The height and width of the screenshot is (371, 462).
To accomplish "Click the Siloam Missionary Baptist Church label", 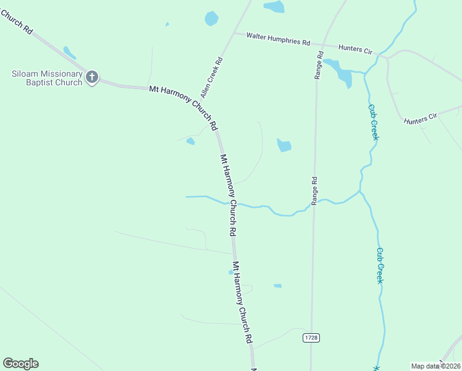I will (x=46, y=78).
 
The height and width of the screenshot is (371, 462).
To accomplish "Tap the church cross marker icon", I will (x=92, y=77).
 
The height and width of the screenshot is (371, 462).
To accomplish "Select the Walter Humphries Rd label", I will (x=278, y=40).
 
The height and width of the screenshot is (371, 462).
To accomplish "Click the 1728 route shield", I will (x=311, y=338).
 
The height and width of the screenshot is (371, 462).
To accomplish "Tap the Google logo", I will (x=20, y=364).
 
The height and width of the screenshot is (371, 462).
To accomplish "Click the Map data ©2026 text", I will (x=436, y=366).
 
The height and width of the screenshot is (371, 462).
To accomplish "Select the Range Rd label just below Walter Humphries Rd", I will (x=319, y=65).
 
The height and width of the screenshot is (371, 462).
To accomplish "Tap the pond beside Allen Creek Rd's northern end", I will (x=212, y=19).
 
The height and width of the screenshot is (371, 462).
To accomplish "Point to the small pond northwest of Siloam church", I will (x=69, y=53).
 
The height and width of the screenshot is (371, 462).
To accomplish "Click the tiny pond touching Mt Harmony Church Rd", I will (x=232, y=271).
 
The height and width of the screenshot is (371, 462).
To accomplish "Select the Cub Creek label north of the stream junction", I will (x=373, y=122).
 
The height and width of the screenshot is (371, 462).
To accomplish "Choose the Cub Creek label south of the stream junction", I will (x=380, y=265).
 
